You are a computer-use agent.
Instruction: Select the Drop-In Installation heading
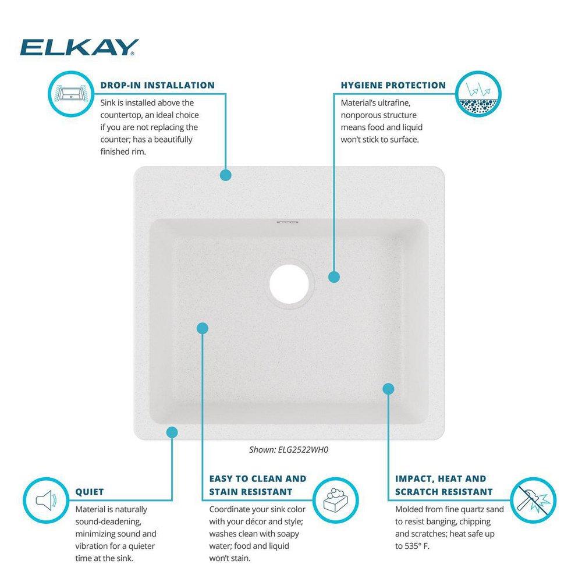tap(157, 86)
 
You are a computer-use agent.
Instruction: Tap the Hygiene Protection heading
tap(393, 86)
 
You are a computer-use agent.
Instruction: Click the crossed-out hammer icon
tap(533, 499)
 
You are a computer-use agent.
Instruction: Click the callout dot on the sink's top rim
tap(226, 175)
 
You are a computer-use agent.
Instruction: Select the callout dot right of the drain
tap(333, 277)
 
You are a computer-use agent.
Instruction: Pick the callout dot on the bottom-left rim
tap(172, 432)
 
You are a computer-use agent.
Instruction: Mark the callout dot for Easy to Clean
tap(203, 328)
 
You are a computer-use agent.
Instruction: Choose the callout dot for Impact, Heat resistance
tap(389, 388)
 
